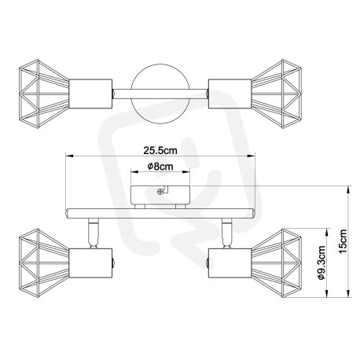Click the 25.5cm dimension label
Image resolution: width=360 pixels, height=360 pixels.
pyautogui.click(x=160, y=150)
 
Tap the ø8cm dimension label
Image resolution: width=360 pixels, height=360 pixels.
pyautogui.click(x=160, y=167)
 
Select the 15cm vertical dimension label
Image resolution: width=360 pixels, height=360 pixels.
pyautogui.click(x=343, y=241)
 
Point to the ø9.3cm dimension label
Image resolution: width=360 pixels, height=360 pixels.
pyautogui.click(x=321, y=263)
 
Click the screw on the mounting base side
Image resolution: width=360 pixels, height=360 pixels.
pyautogui.click(x=160, y=192)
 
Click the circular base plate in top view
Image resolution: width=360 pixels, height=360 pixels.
pyautogui.click(x=160, y=94)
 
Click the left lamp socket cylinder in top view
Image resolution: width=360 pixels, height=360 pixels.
pyautogui.click(x=90, y=94)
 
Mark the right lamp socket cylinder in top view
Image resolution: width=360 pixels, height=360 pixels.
pyautogui.click(x=230, y=94)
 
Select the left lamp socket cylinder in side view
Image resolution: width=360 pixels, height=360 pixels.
pyautogui.click(x=90, y=263)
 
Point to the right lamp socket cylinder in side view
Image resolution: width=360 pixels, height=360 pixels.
pyautogui.click(x=230, y=263)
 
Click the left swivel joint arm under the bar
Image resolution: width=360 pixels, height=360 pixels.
pyautogui.click(x=93, y=233)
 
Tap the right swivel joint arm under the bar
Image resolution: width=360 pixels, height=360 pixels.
pyautogui.click(x=227, y=233)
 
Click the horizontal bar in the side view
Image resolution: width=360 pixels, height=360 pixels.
pyautogui.click(x=160, y=213)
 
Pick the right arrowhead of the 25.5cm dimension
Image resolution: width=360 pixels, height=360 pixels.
pyautogui.click(x=252, y=156)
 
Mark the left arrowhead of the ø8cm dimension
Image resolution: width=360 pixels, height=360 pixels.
pyautogui.click(x=134, y=172)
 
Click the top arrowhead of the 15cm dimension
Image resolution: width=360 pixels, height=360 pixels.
pyautogui.click(x=348, y=189)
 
